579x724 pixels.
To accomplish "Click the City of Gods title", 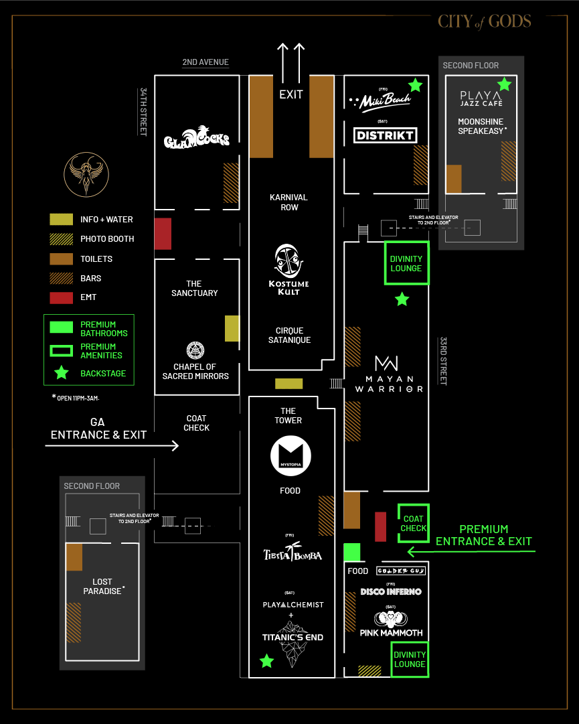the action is (x=485, y=21).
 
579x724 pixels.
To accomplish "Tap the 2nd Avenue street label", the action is (x=205, y=62).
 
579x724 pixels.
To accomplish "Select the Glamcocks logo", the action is (x=197, y=139).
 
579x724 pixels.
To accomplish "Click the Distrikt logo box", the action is (x=385, y=135).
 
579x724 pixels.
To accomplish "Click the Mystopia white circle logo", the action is (x=291, y=455).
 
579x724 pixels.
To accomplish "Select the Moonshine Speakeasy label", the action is (x=482, y=127).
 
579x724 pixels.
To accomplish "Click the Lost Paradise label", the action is (x=102, y=587).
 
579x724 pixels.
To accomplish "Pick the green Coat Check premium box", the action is (x=414, y=523).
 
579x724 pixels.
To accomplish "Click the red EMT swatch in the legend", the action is (x=61, y=297).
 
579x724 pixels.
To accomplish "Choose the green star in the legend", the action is (x=61, y=373).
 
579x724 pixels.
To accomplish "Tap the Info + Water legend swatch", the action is (x=61, y=220).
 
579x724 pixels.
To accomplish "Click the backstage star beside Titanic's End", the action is (x=266, y=662).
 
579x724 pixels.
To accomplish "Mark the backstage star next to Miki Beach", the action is (x=415, y=85).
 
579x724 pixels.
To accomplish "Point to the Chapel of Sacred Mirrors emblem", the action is (x=195, y=350).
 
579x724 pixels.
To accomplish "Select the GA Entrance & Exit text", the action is (x=98, y=429).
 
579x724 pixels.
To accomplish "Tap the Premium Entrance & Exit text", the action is (x=483, y=535).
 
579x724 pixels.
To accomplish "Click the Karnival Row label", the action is (x=288, y=202).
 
